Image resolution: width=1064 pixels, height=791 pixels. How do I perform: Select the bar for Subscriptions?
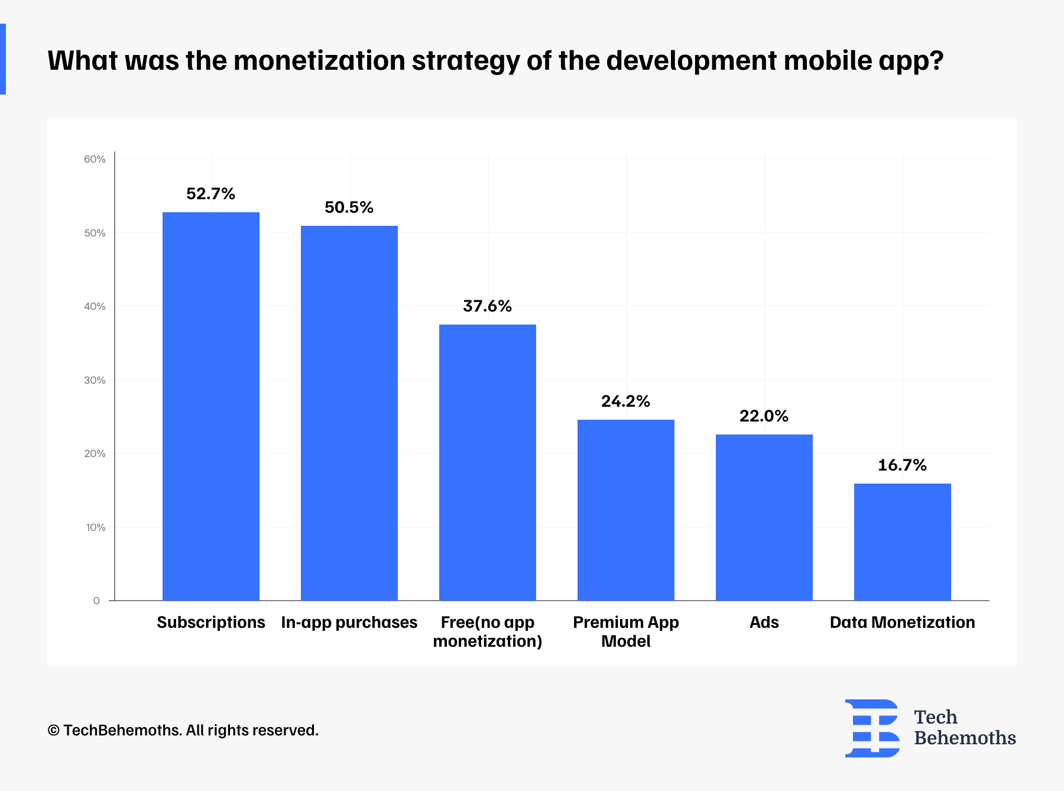[211, 406]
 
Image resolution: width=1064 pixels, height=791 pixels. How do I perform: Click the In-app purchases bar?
[349, 413]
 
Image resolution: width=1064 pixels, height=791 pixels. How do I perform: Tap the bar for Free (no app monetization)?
[488, 462]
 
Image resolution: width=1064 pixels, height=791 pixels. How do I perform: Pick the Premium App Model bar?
[626, 510]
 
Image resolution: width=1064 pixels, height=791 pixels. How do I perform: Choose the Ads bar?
[764, 517]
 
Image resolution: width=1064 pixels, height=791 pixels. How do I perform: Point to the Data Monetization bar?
[903, 542]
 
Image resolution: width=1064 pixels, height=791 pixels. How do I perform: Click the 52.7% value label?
[211, 194]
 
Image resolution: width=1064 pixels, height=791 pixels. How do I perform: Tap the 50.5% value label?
[349, 208]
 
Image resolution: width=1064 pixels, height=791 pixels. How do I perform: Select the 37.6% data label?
[488, 306]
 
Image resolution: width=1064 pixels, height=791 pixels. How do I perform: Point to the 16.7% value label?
[903, 465]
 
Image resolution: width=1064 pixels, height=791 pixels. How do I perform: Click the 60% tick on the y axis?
[95, 159]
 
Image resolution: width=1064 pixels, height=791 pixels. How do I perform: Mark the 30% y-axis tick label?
[95, 380]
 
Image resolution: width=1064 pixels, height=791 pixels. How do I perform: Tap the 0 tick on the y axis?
[96, 601]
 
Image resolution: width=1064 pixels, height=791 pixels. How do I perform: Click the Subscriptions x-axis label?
[211, 623]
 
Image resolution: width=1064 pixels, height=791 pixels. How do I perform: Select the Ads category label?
[764, 623]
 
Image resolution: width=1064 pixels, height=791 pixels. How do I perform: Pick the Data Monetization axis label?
[903, 623]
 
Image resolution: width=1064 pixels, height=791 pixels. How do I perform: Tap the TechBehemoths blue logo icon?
[872, 728]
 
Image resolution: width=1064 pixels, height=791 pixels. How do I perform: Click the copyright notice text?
[183, 731]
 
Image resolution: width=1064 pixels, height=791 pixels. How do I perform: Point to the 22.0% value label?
[764, 416]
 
